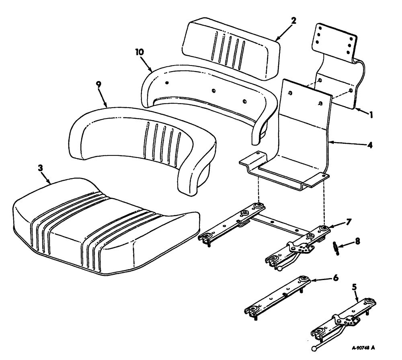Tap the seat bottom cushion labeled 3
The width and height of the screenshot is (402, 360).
pos(105,229)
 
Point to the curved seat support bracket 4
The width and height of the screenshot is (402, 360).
pos(306,133)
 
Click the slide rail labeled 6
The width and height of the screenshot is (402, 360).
pos(277,297)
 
